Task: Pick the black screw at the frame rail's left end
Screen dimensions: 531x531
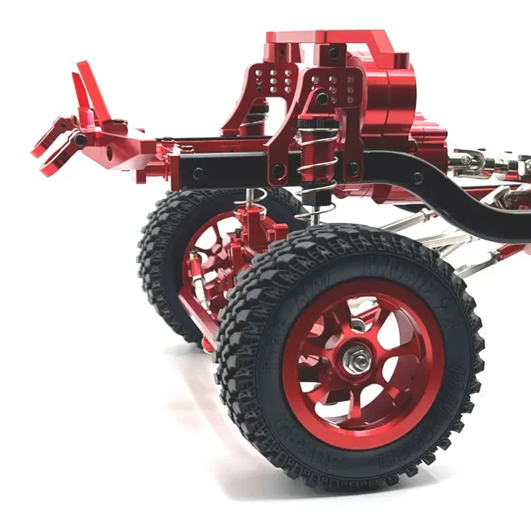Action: pos(198,174)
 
